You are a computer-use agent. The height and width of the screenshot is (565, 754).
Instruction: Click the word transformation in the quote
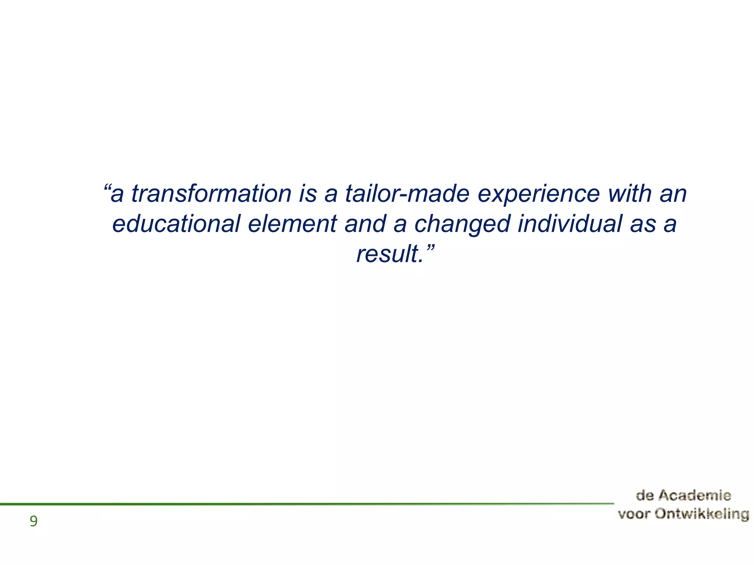pyautogui.click(x=211, y=193)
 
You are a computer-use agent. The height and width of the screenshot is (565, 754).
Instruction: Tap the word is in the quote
pyautogui.click(x=308, y=193)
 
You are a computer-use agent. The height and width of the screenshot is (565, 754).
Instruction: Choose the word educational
pyautogui.click(x=176, y=224)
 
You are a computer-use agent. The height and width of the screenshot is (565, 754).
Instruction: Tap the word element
pyautogui.click(x=292, y=224)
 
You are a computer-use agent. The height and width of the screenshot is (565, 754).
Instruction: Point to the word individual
pyautogui.click(x=570, y=224)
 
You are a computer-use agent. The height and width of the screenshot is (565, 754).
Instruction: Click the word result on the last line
pyautogui.click(x=388, y=254)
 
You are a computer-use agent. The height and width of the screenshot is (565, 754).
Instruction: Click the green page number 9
pyautogui.click(x=34, y=521)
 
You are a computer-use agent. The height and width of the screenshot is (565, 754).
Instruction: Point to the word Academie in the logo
pyautogui.click(x=694, y=495)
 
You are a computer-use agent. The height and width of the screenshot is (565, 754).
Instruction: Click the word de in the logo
pyautogui.click(x=645, y=495)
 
